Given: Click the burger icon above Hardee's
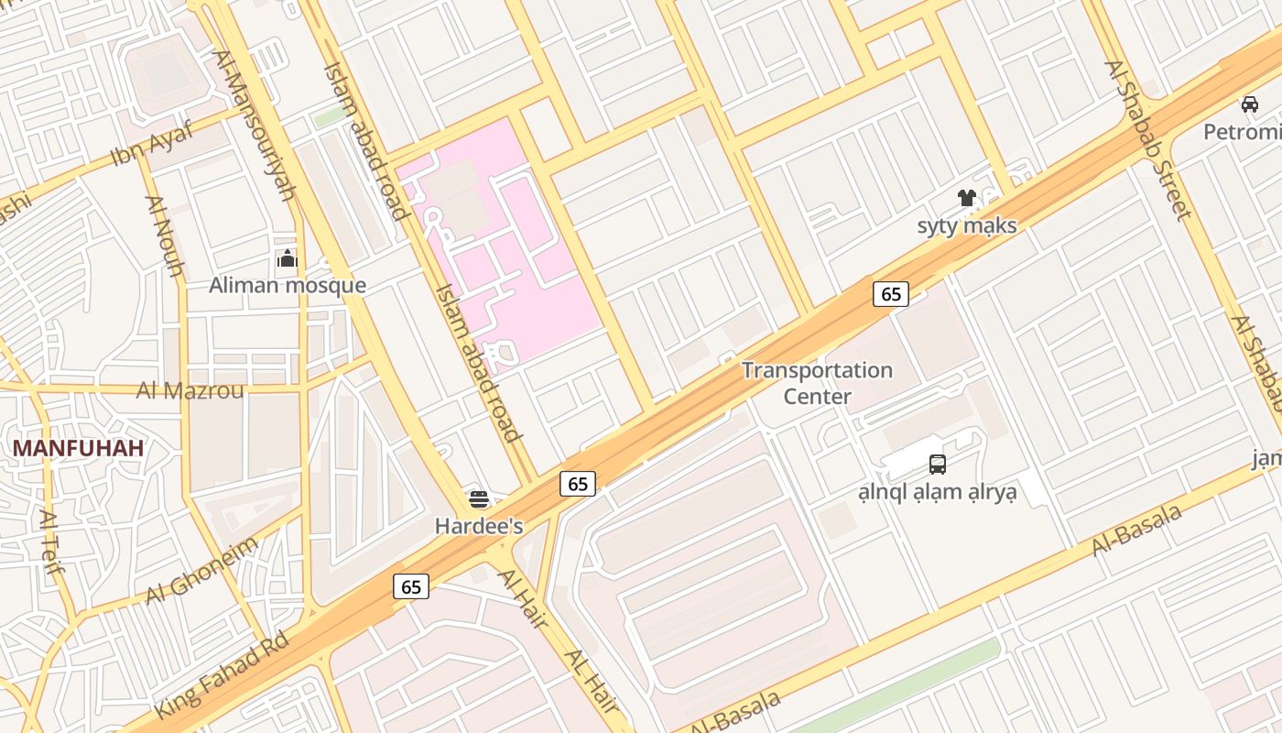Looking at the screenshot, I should click(x=479, y=499).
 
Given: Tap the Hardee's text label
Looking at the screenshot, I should click(x=479, y=526).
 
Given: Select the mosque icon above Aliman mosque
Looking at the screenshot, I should click(x=288, y=259).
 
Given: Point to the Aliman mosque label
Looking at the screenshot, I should click(x=288, y=285).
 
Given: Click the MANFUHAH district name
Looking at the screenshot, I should click(x=78, y=448).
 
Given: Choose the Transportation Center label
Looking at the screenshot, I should click(x=817, y=383).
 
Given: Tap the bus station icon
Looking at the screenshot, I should click(x=937, y=464).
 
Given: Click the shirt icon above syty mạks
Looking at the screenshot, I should click(x=966, y=198).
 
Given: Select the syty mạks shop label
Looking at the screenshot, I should click(x=967, y=225).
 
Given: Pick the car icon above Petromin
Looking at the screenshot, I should click(x=1250, y=104).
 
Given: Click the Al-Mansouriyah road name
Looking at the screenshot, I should click(x=254, y=125).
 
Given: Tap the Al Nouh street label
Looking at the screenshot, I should click(x=165, y=235).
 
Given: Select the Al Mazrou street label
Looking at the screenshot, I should click(x=190, y=391).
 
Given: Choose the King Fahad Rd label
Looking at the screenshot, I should click(x=223, y=675).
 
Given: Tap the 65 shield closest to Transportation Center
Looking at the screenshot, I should click(x=891, y=293).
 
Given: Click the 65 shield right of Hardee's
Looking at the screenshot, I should click(x=578, y=484).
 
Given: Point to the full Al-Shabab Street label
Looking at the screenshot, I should click(x=1148, y=140).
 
